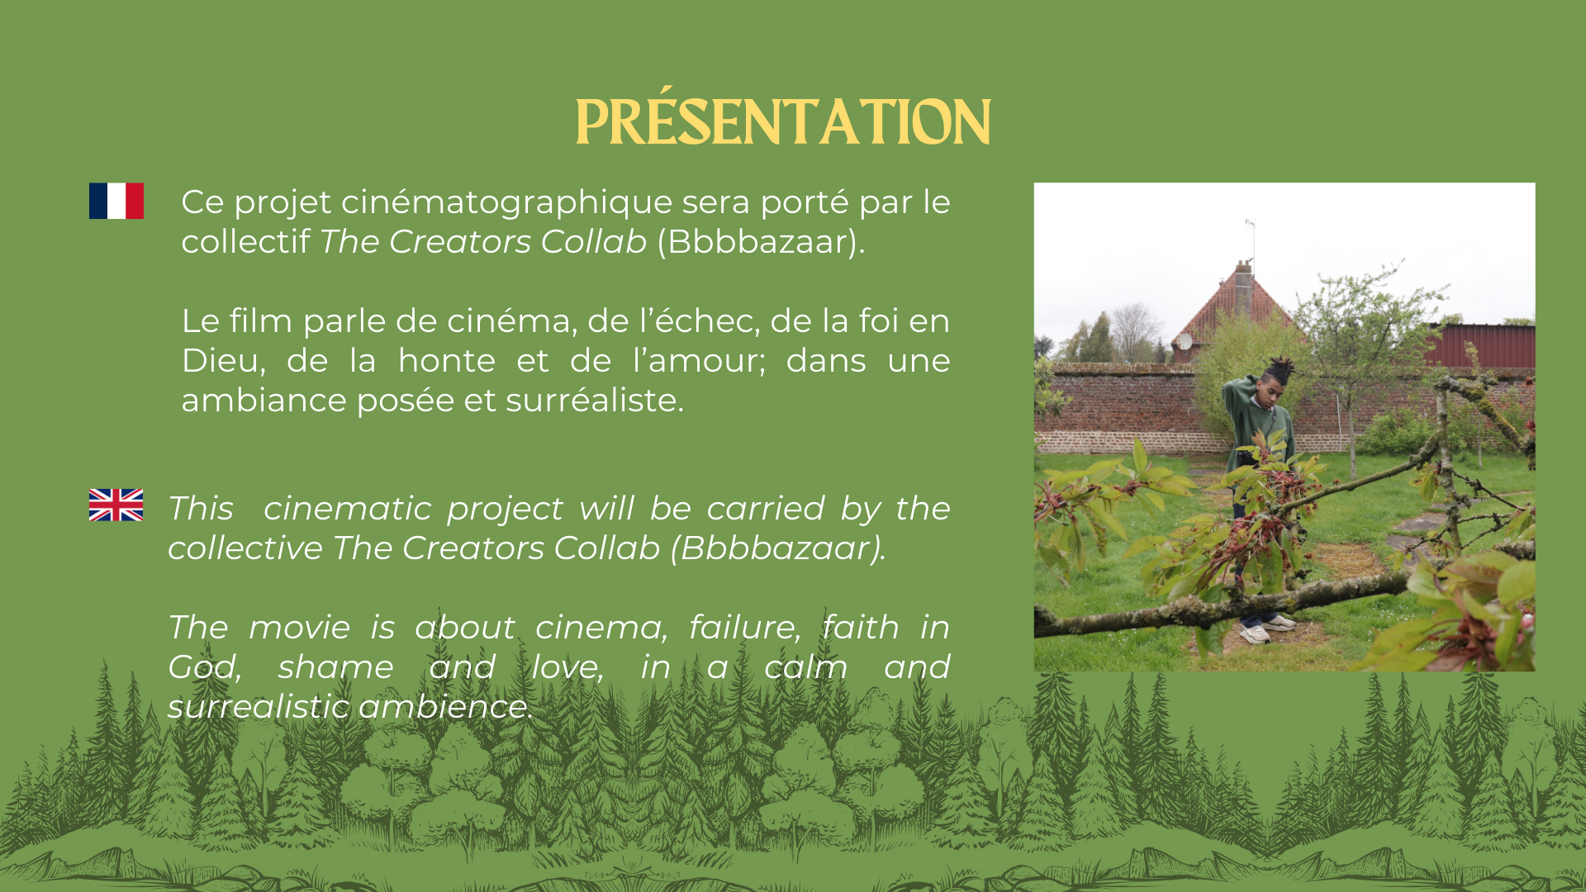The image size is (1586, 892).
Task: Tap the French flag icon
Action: point(116,201)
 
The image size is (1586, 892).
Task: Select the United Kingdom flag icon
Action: point(116,505)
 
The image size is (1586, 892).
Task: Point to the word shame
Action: point(335,667)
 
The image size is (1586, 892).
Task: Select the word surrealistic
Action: point(259,707)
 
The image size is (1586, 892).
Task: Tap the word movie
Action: point(300,628)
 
